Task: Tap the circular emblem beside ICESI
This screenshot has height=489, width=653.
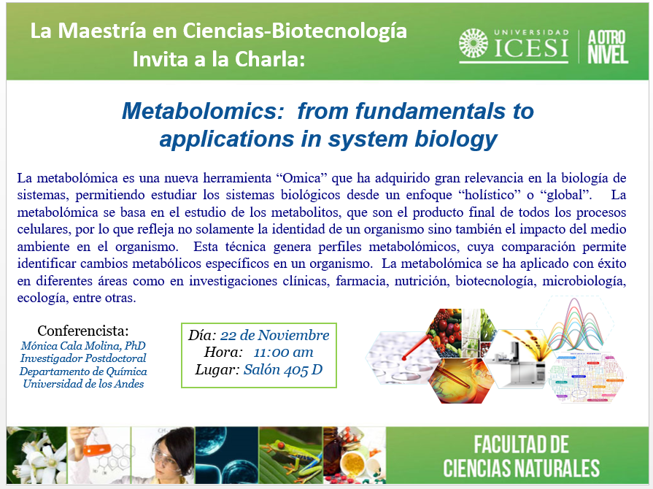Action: (x=474, y=45)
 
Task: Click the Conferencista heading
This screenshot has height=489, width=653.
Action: (x=83, y=331)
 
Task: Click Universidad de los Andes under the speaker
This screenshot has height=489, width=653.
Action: (x=83, y=384)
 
